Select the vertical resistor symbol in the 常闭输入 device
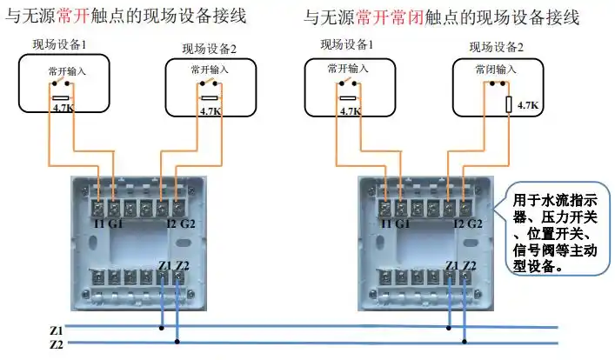click(x=509, y=105)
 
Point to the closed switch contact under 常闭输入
click(x=497, y=83)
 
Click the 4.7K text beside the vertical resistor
click(x=528, y=105)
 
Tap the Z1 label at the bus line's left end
click(x=56, y=330)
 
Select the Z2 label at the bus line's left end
click(x=56, y=344)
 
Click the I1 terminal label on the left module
click(x=98, y=223)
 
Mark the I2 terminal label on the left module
click(x=161, y=223)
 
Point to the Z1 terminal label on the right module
click(x=451, y=265)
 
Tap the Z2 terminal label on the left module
click(x=182, y=265)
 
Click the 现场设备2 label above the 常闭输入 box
click(x=497, y=48)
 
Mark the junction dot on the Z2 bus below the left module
click(x=177, y=342)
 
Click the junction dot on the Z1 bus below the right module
click(x=449, y=329)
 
